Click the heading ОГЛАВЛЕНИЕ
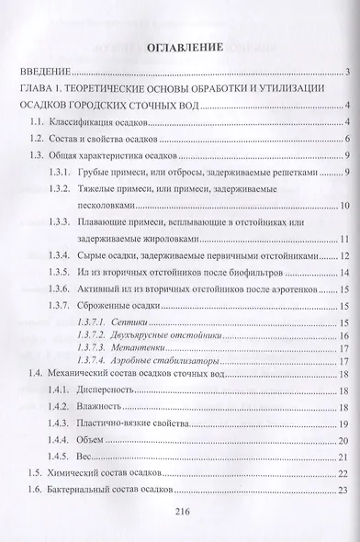(x=180, y=46)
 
